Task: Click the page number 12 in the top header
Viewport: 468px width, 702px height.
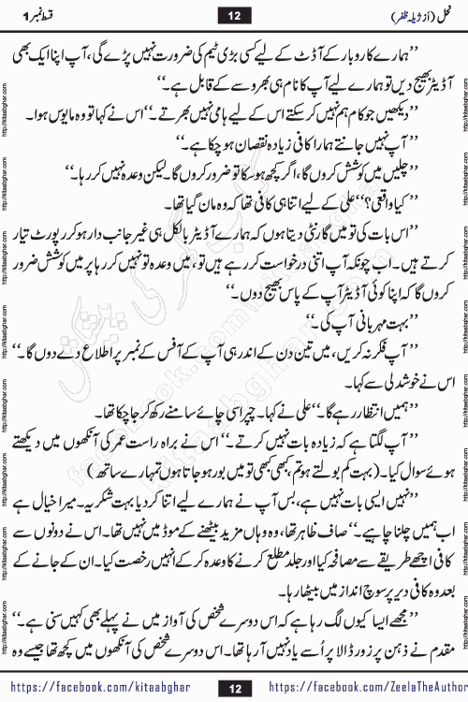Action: [233, 14]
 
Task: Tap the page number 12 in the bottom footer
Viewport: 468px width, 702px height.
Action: [233, 686]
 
